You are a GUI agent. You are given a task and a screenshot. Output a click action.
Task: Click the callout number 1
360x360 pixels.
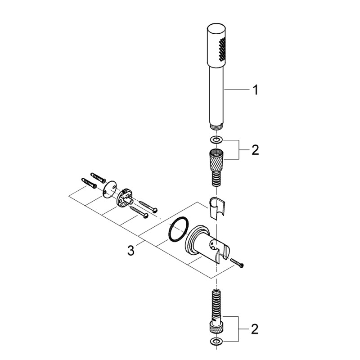tap(255, 90)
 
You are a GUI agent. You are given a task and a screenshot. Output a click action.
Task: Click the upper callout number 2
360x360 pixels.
tap(255, 150)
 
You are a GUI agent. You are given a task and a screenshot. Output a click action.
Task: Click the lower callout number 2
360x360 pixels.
tap(255, 330)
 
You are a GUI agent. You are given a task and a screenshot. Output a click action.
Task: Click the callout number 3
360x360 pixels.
tap(130, 250)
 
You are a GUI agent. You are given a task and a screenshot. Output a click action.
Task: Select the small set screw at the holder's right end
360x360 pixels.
tap(237, 262)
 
